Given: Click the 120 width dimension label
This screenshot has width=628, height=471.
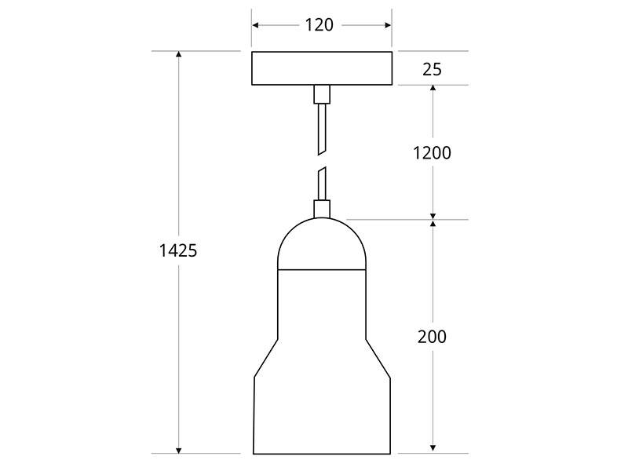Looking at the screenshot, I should point(319,25).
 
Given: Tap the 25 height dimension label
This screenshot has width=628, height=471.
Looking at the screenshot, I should point(432,69).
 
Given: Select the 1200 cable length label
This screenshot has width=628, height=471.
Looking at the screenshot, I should point(432,153).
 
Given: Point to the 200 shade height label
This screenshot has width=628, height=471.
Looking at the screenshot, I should point(432,337).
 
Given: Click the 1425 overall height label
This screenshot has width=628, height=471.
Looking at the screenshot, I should point(178,251).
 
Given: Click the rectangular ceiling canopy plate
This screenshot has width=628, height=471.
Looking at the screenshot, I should point(322,68).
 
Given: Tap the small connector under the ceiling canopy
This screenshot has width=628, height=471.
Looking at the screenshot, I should point(322,94).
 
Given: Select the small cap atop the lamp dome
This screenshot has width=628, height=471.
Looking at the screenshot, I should point(322,209).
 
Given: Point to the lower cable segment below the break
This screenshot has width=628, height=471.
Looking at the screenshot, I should point(320,184).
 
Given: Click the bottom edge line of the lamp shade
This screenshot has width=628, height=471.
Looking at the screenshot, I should point(322,454).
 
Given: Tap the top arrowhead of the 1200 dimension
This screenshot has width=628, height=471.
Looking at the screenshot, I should point(433,89).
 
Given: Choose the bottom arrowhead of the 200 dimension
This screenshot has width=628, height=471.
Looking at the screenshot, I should point(433,448).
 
